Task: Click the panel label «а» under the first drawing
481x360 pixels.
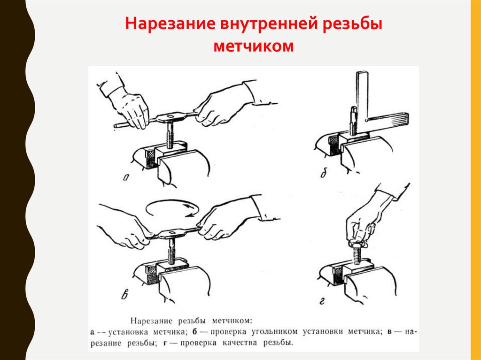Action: [x=126, y=177]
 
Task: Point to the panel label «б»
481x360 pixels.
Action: [x=324, y=174]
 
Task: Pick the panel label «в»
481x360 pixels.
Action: [x=124, y=295]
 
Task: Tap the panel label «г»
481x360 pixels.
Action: [x=322, y=302]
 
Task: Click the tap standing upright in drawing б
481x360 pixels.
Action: [x=353, y=121]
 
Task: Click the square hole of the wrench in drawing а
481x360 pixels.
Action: [x=171, y=116]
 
